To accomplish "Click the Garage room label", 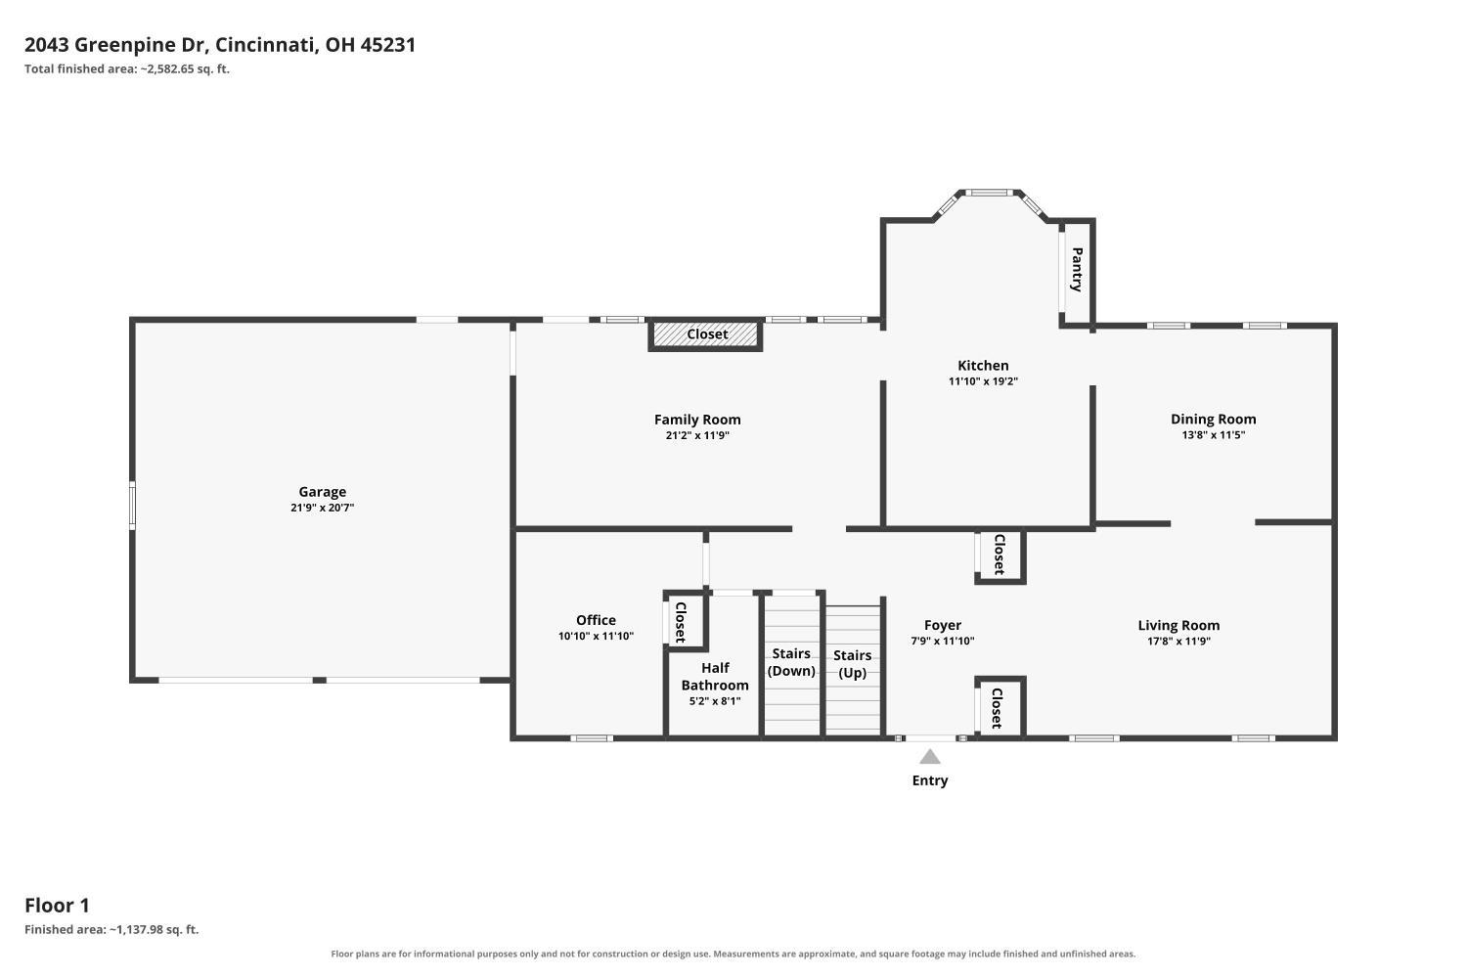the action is coord(322,491).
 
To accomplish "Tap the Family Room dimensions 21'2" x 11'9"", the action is coord(697,435).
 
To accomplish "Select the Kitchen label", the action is coord(983,366).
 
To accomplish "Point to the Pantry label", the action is coord(1077,269).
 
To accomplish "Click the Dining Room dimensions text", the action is coord(1213,435).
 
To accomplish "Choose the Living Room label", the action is coord(1178,626).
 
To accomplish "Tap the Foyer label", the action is coord(943,626).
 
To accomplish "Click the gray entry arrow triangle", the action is coord(930,757).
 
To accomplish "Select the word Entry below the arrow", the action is coord(930,780).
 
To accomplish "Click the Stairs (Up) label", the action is coord(852,663).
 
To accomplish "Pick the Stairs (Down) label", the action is coord(791,662).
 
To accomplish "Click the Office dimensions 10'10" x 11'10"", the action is coord(596,636).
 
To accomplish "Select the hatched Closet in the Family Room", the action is coord(706,334).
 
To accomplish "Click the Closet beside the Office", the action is coord(681,622).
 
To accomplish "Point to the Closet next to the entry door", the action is coord(997,708).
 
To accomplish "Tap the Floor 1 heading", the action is coord(57,906).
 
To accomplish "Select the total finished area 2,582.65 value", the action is coord(170,68).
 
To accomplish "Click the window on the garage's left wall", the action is coord(132,505).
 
